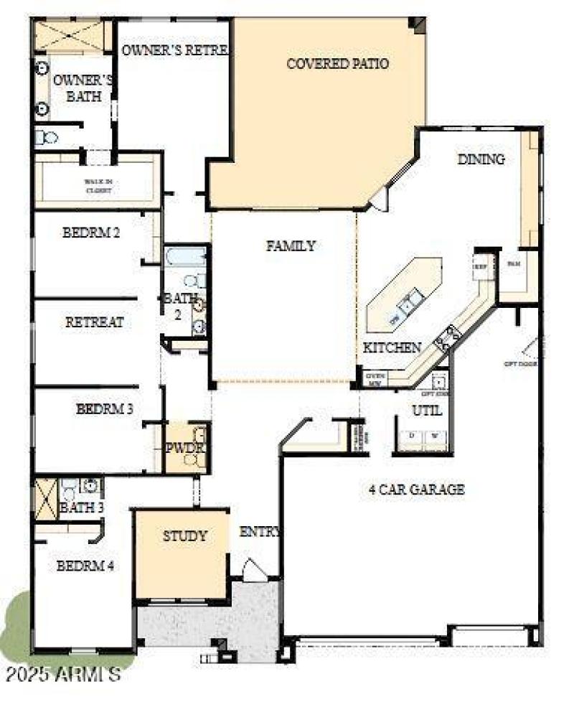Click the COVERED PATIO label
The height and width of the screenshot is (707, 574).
click(337, 64)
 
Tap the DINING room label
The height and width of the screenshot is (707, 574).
click(481, 159)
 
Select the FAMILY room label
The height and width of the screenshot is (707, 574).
click(291, 246)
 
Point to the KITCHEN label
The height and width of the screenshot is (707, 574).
click(392, 347)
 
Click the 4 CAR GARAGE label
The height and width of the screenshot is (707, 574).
click(417, 490)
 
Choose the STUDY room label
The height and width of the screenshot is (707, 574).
click(184, 535)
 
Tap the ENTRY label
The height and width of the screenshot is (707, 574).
click(260, 532)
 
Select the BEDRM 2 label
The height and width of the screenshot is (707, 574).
click(90, 233)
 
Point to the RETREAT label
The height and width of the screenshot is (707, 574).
click(94, 322)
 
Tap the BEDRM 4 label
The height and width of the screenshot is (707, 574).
click(85, 566)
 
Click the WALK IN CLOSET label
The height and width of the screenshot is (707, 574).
click(98, 186)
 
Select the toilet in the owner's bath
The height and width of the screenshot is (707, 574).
click(47, 136)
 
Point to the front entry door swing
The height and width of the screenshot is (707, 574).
click(254, 569)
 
